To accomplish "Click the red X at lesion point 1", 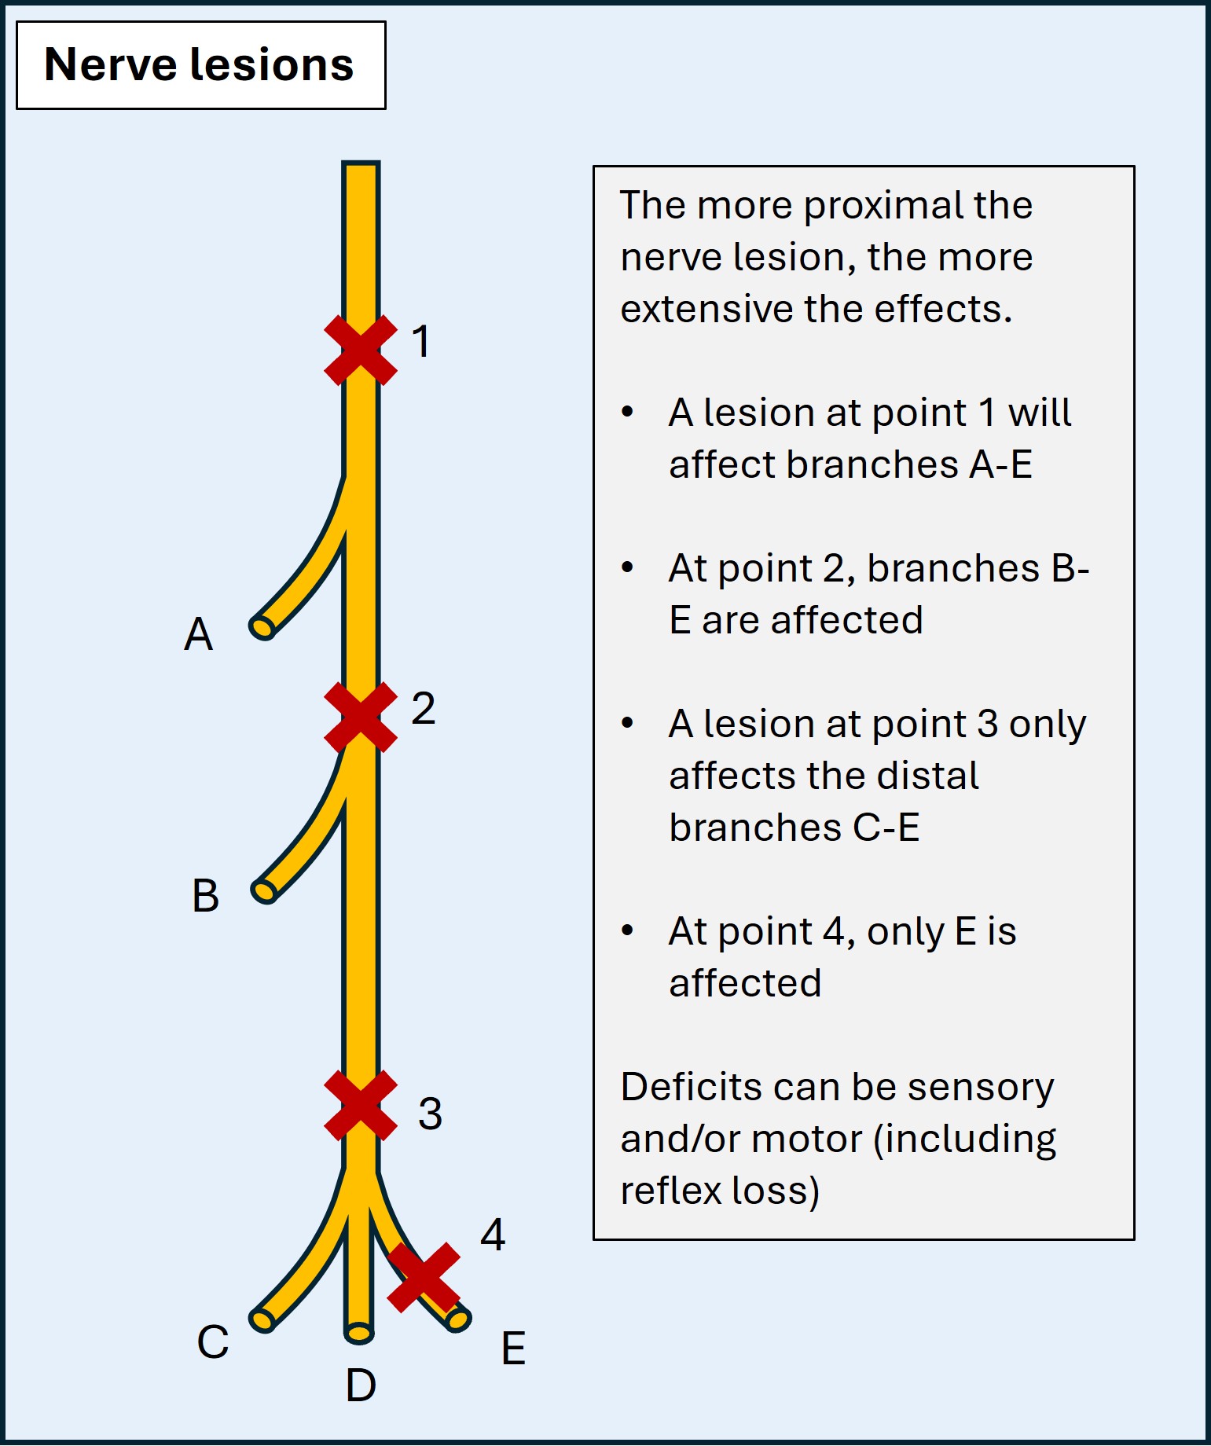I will pos(361,350).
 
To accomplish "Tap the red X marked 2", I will pos(361,717).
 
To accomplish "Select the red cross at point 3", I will pos(361,1105).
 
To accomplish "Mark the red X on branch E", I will pos(424,1277).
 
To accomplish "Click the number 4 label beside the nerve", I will pos(493,1235).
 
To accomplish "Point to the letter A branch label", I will pos(198,634).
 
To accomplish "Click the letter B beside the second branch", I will pos(205,896).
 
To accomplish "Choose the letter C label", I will pos(212,1342).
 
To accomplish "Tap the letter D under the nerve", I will pos(361,1385).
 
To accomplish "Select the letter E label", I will pos(513,1349).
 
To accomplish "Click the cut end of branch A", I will pos(262,627).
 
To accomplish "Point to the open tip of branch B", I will pos(264,890).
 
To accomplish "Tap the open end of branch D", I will pos(359,1333).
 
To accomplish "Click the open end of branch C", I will pos(262,1319).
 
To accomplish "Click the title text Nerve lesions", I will pos(200,64).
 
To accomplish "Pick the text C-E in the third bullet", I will pos(886,828).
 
